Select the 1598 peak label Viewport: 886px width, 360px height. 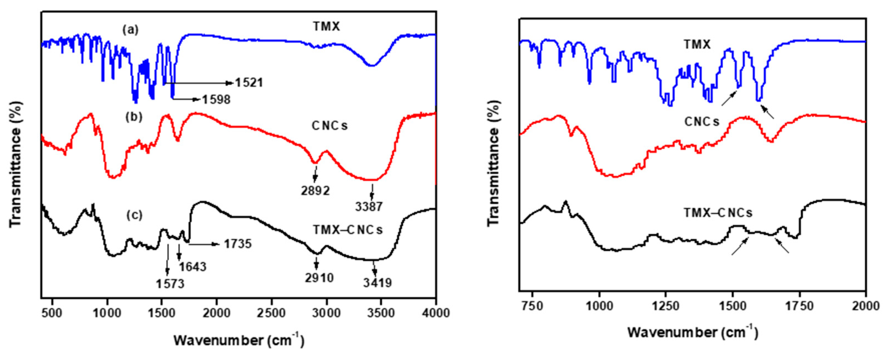[x=216, y=100]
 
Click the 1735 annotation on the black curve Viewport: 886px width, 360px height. [x=238, y=244]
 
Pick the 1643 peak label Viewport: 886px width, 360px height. [x=193, y=267]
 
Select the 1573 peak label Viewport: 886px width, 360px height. [x=170, y=284]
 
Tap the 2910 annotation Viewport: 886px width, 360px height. [x=319, y=278]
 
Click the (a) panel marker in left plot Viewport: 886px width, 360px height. [x=131, y=30]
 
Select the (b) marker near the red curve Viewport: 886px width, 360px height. [x=134, y=117]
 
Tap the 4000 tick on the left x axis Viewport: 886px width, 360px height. [x=436, y=313]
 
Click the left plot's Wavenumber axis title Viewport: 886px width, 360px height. [x=239, y=340]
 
